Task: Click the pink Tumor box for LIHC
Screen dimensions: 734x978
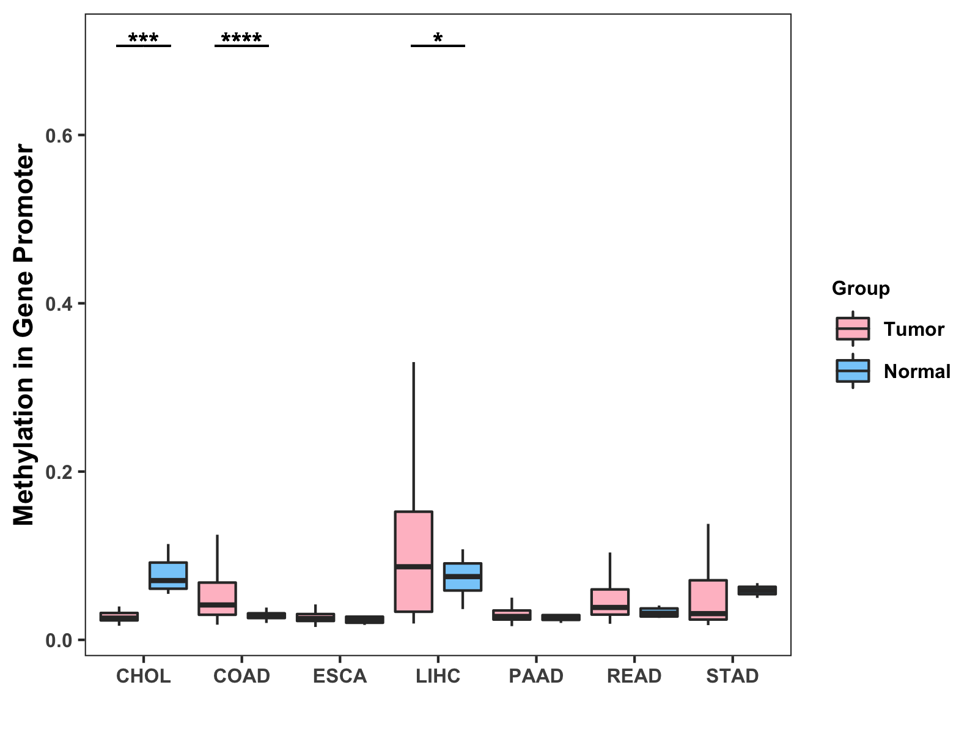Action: [414, 561]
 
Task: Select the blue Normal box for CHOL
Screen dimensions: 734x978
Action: [168, 575]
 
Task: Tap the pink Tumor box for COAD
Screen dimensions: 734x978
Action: [217, 598]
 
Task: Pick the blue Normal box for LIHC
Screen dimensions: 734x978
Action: [463, 576]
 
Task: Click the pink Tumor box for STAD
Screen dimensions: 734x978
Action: [708, 599]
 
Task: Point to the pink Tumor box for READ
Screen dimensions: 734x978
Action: [610, 601]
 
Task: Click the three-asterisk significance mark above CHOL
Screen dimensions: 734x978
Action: [144, 39]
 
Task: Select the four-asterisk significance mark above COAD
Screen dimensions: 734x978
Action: [241, 39]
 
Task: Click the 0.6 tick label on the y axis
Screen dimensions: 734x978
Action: [59, 135]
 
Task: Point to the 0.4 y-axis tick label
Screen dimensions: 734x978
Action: [59, 303]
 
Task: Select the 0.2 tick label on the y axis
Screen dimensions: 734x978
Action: [59, 472]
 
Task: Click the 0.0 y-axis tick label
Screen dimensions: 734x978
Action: [59, 640]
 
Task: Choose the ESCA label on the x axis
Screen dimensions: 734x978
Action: [340, 676]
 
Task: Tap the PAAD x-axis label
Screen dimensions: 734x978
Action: [536, 676]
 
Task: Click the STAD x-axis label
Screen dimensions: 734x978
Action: [732, 676]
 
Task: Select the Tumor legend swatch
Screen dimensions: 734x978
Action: [853, 329]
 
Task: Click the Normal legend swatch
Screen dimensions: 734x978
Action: [853, 371]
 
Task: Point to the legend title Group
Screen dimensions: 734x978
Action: [861, 288]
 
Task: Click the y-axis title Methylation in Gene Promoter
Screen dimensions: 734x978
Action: [24, 335]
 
